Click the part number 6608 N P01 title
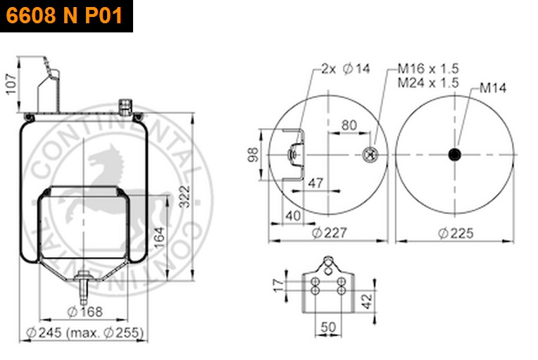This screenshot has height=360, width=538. tap(64, 15)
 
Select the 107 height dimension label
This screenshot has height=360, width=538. tap(11, 84)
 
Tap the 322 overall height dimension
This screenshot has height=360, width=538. tap(184, 197)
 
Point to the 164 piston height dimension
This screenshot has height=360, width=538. tap(159, 237)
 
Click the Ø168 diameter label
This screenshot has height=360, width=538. tap(85, 311)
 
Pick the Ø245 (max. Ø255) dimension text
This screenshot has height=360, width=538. tap(85, 333)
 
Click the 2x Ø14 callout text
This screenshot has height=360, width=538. tap(346, 68)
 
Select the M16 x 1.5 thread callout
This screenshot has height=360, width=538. tap(428, 68)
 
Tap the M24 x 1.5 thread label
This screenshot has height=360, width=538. tap(428, 82)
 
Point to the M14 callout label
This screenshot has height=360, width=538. tap(493, 88)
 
